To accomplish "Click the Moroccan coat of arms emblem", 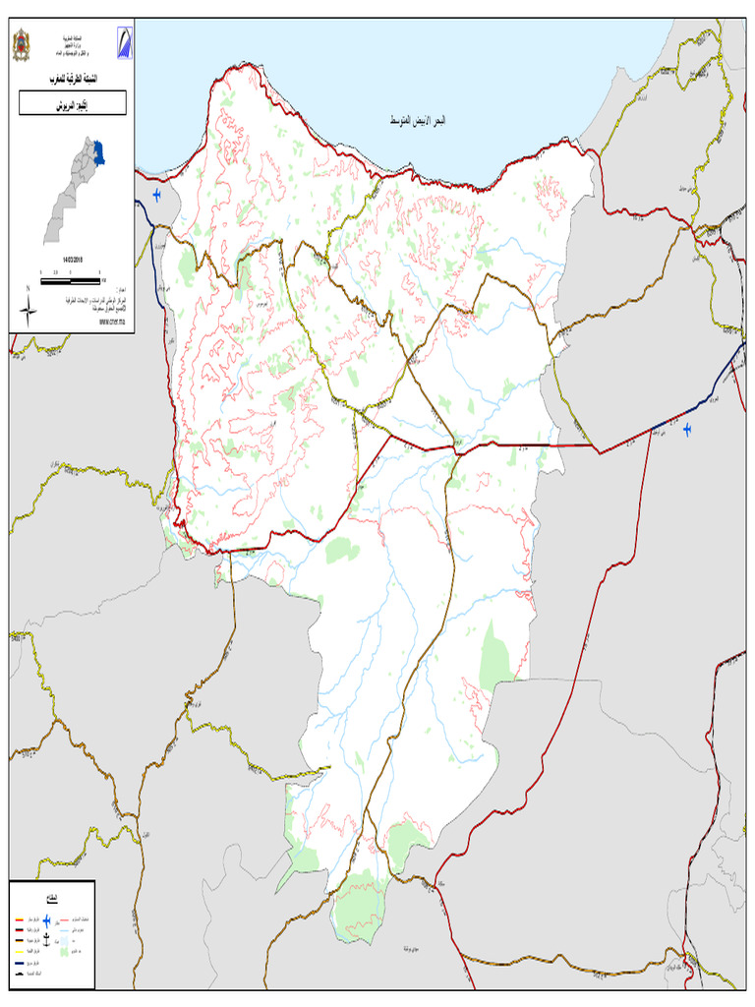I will (21, 45).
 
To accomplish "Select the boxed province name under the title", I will (73, 103).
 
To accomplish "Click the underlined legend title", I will (52, 898).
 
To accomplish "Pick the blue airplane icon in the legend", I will (46, 920).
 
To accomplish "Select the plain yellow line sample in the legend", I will (20, 952).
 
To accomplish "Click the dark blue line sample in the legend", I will (20, 964).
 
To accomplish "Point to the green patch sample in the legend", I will (64, 952).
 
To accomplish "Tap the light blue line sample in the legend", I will (64, 930).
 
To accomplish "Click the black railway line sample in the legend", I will (20, 975).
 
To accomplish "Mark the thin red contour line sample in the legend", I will (64, 920).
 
